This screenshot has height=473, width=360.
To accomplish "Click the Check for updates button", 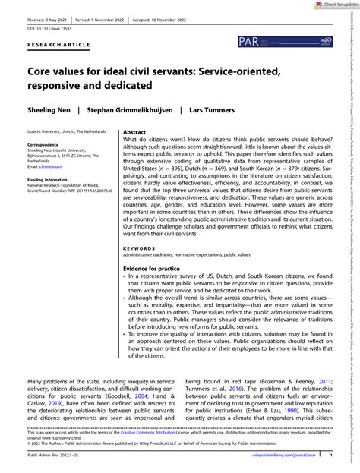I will [x=330, y=5].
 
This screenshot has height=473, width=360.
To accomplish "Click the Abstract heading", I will [x=135, y=153].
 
